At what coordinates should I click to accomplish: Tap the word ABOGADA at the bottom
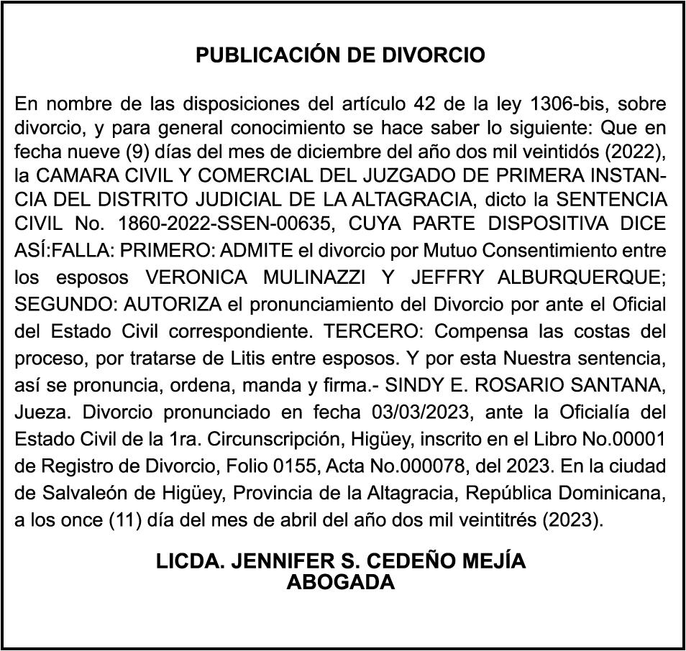[341, 583]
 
